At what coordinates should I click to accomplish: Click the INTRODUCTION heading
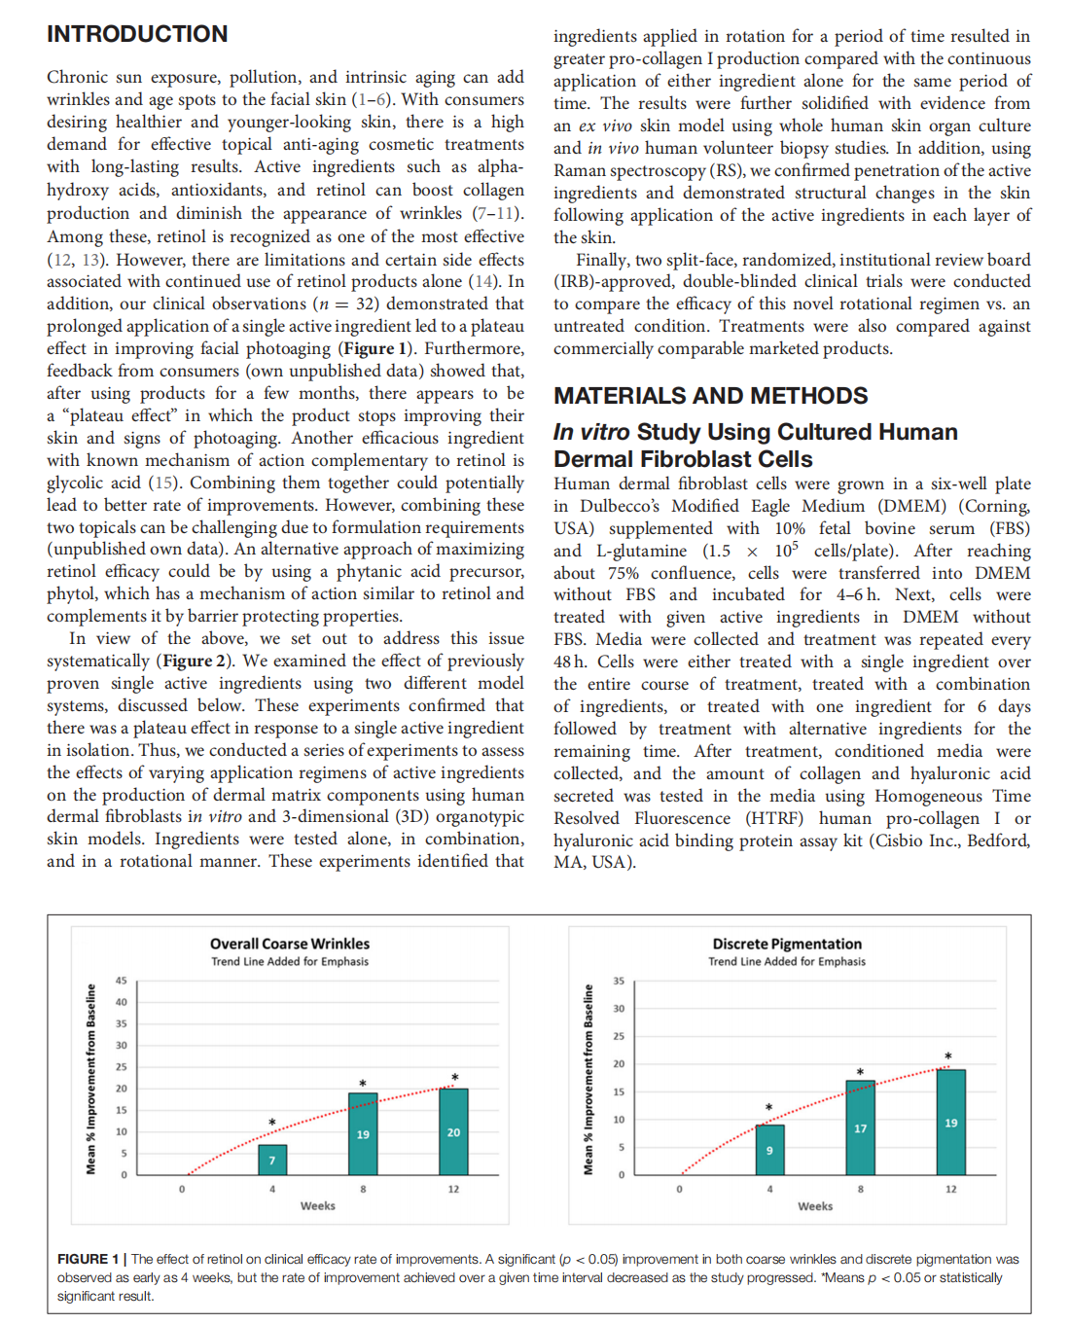tap(137, 34)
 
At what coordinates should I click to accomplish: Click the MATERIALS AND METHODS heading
tap(710, 396)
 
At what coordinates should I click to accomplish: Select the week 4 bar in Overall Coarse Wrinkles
tap(272, 1160)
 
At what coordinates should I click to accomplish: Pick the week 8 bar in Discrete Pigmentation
tap(860, 1127)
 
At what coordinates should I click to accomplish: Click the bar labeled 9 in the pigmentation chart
tap(769, 1150)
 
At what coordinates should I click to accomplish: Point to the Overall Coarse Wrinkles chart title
tap(290, 944)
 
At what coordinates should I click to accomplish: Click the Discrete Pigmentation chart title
tap(787, 944)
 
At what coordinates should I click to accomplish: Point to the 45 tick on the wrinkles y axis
tap(122, 981)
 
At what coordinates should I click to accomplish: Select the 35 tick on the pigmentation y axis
tap(619, 981)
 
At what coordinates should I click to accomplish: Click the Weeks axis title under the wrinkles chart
tap(317, 1206)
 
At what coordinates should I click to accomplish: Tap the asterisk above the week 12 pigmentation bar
tap(948, 1056)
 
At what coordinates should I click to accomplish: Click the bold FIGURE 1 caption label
tap(89, 1259)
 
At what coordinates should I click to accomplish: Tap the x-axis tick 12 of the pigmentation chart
tap(950, 1189)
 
